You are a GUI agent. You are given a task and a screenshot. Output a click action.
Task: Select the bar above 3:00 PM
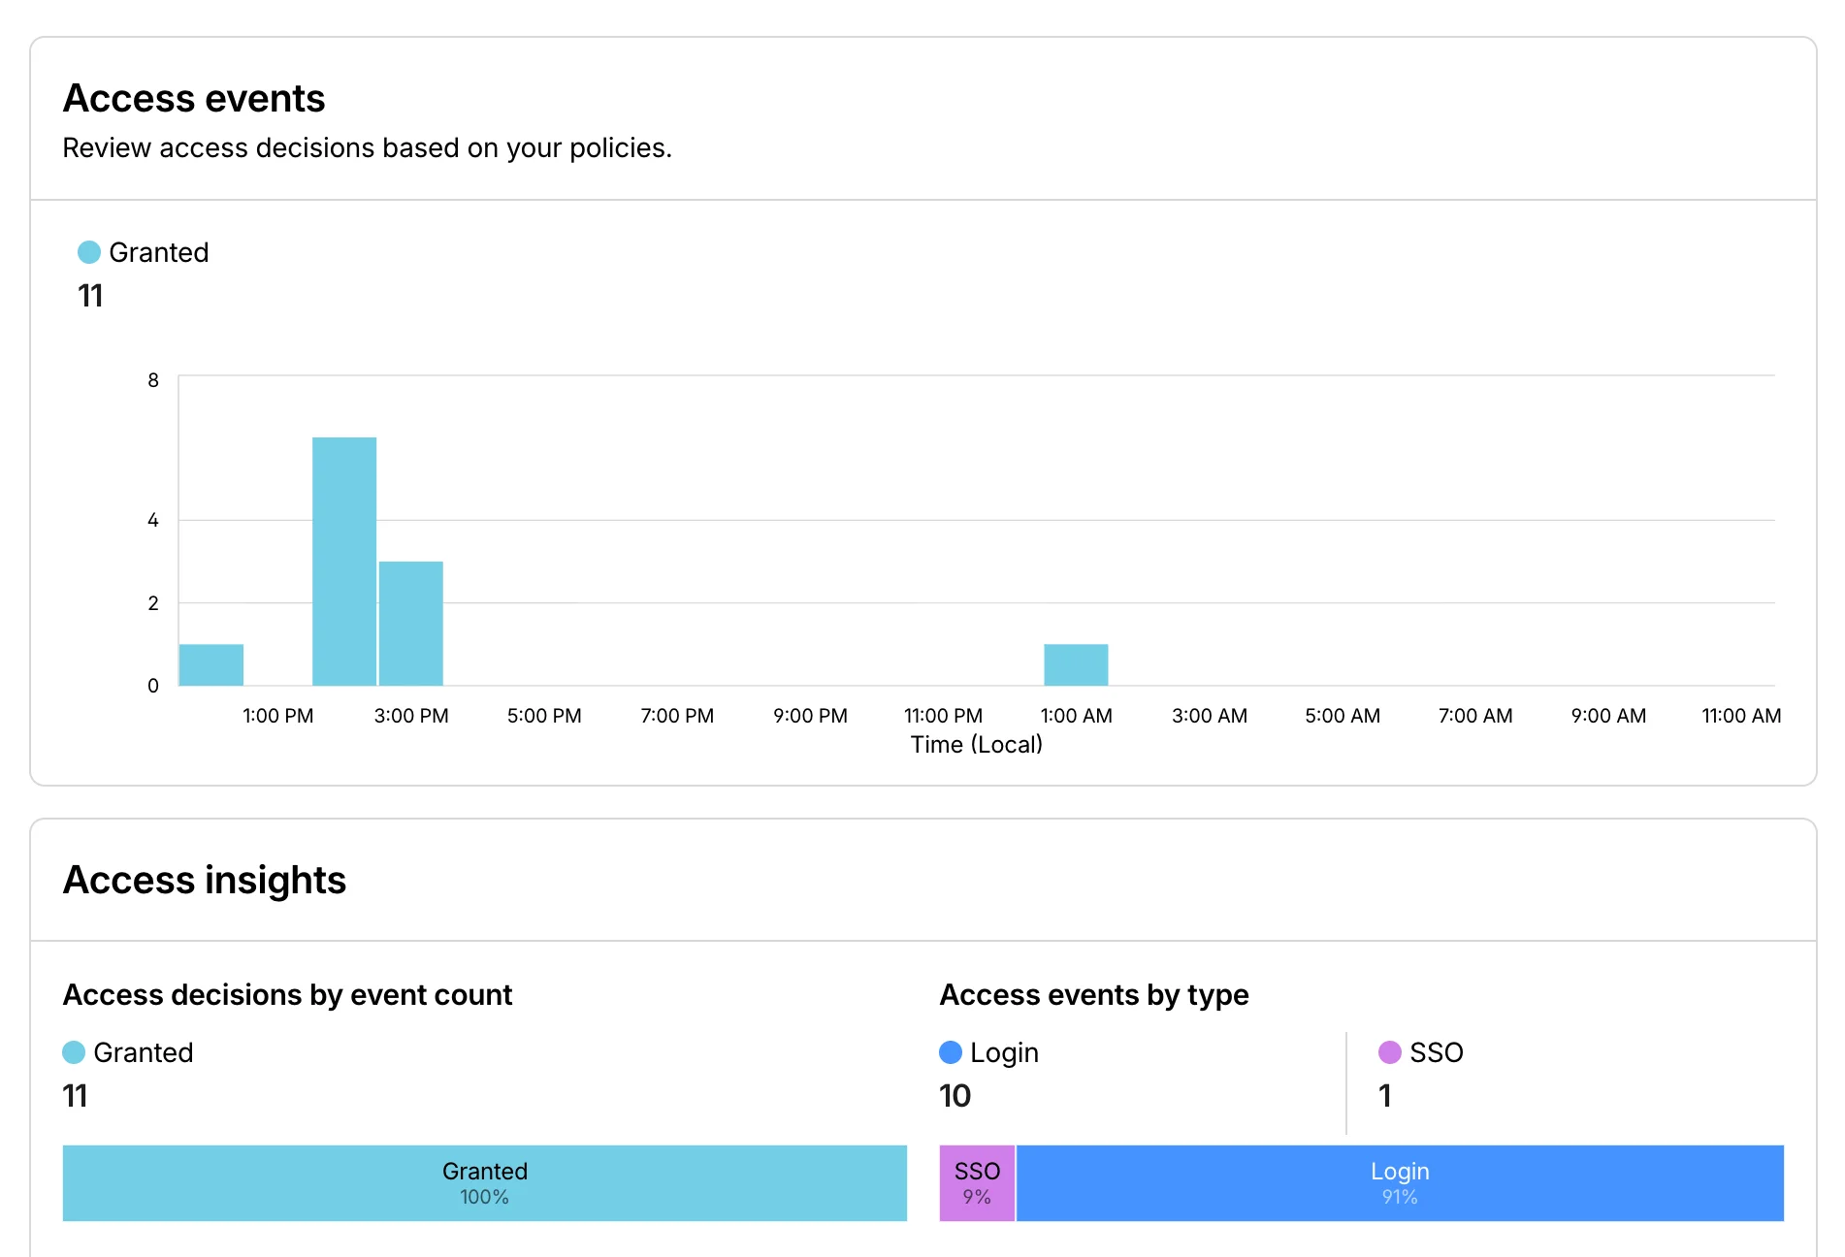pos(411,623)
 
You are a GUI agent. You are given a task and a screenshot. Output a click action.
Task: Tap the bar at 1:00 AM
pos(1076,664)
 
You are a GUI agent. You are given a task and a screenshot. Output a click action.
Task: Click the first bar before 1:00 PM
pos(211,664)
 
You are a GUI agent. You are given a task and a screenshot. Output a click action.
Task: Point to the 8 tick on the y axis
pos(153,380)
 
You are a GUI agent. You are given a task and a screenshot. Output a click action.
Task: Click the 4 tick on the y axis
pos(153,520)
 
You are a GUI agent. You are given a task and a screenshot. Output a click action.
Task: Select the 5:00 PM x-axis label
pos(544,716)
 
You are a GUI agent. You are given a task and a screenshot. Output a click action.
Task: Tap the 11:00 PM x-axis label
pos(943,716)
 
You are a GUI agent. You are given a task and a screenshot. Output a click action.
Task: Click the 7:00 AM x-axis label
pos(1474,716)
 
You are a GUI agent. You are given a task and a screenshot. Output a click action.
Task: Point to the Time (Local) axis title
pos(976,744)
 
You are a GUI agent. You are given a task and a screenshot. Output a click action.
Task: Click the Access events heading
pos(194,98)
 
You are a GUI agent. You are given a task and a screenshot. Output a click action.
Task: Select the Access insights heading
pos(205,880)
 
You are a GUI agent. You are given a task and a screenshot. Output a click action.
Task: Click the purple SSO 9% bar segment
pos(977,1182)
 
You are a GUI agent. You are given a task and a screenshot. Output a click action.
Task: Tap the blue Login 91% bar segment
pos(1399,1182)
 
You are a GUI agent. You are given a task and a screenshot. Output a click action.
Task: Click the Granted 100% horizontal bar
pos(485,1182)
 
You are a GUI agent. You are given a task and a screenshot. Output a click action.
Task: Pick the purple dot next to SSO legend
pos(1389,1052)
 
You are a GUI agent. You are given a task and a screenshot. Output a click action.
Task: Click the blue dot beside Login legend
pos(951,1052)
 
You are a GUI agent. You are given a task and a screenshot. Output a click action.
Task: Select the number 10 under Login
pos(955,1096)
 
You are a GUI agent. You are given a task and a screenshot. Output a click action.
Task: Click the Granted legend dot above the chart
pos(89,252)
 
